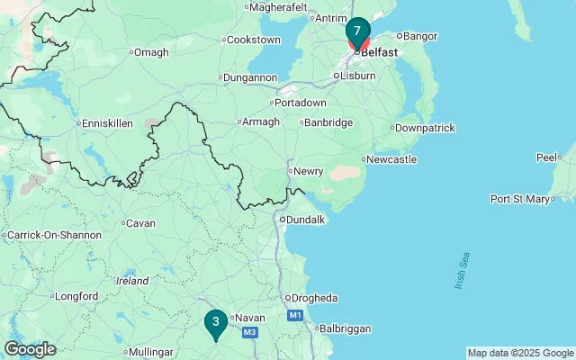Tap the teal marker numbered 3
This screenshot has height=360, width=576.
point(215,322)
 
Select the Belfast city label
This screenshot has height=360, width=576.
point(379,52)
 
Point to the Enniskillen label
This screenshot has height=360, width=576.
point(108,123)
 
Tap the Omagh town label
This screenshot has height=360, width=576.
point(152,52)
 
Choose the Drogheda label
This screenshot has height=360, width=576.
point(313,298)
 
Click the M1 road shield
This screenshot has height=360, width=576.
point(294,316)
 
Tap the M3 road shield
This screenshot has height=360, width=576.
point(250,333)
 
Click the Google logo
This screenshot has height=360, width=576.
point(30,348)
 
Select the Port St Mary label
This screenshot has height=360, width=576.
point(521,199)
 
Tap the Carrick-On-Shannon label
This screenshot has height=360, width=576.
point(54,235)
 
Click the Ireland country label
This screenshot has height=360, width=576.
point(131,281)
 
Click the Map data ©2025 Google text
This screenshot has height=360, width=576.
point(520,353)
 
